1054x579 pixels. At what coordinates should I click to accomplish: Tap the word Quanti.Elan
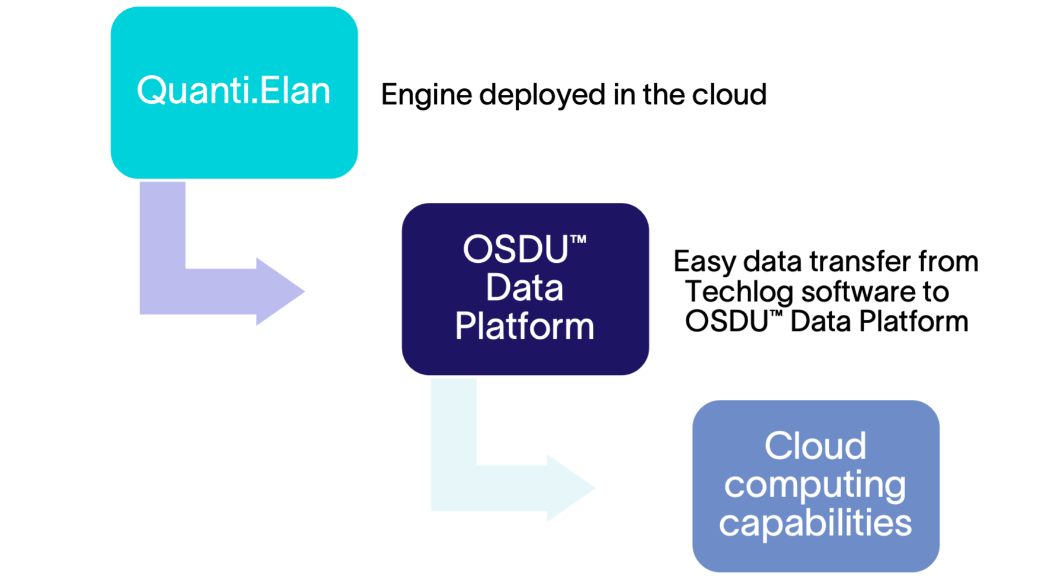pos(234,91)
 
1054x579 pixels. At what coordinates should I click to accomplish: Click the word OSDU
pos(515,249)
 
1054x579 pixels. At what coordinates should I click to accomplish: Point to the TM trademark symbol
pos(579,239)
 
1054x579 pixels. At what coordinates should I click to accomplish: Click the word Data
pos(525,288)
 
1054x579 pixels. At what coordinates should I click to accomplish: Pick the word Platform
pos(525,326)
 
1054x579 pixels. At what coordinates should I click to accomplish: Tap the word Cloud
pos(815,446)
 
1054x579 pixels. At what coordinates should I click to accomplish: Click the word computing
pos(815,485)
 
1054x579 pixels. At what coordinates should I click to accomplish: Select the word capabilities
pos(815,523)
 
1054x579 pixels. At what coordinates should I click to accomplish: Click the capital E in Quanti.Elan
pos(269,91)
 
